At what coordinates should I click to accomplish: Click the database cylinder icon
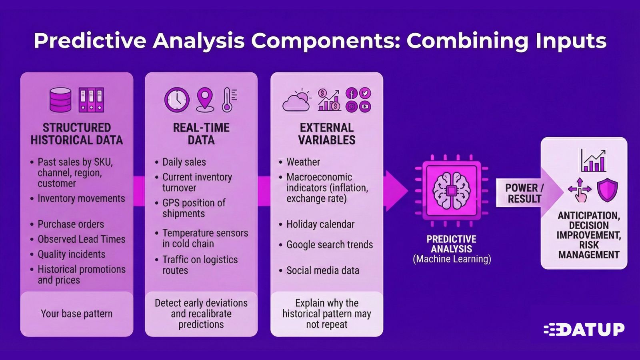pyautogui.click(x=60, y=100)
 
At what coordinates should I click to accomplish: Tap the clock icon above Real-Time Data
pyautogui.click(x=177, y=100)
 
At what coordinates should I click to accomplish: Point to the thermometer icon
pyautogui.click(x=229, y=100)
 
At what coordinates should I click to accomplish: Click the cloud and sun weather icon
pyautogui.click(x=297, y=100)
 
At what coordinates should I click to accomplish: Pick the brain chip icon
pyautogui.click(x=451, y=190)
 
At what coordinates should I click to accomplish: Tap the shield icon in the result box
pyautogui.click(x=607, y=190)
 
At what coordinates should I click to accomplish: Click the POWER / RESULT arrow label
pyautogui.click(x=524, y=193)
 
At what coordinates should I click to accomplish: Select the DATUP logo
pyautogui.click(x=584, y=330)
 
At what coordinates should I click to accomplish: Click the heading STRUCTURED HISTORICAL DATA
pyautogui.click(x=77, y=134)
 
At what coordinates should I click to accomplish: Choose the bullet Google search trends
pyautogui.click(x=329, y=244)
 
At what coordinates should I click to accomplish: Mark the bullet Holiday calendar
pyautogui.click(x=320, y=224)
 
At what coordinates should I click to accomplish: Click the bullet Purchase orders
pyautogui.click(x=71, y=224)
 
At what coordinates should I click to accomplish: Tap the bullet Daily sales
pyautogui.click(x=184, y=162)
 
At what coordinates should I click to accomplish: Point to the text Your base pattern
pyautogui.click(x=76, y=314)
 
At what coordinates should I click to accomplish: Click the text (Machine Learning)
pyautogui.click(x=452, y=259)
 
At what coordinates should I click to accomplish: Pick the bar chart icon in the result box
pyautogui.click(x=593, y=161)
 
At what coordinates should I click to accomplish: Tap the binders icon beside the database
pyautogui.click(x=91, y=100)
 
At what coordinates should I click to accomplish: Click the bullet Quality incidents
pyautogui.click(x=71, y=254)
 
